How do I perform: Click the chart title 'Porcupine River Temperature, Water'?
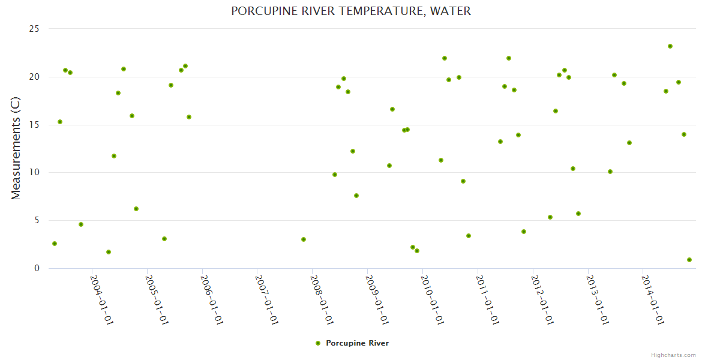click(351, 11)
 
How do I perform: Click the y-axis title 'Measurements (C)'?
click(16, 148)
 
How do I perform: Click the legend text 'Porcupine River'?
click(357, 343)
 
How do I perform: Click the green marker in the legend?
click(318, 343)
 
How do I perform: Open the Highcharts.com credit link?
click(673, 355)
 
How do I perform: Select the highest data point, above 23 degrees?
click(670, 46)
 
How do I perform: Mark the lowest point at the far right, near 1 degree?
click(689, 260)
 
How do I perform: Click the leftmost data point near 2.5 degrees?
click(55, 244)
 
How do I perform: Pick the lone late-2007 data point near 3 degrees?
click(304, 239)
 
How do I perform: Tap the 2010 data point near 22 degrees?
click(445, 58)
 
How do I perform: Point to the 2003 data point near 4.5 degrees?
click(81, 224)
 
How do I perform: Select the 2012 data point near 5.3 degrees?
click(550, 217)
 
